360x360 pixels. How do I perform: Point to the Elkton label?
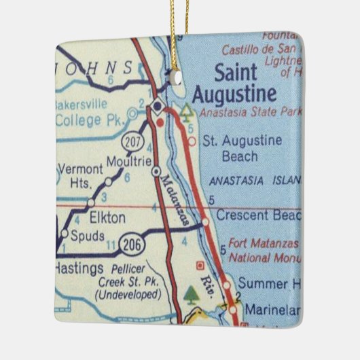(x=107, y=218)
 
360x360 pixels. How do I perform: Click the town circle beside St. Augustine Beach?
(x=192, y=141)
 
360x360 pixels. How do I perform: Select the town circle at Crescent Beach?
(x=204, y=221)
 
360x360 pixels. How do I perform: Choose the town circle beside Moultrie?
(x=156, y=171)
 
